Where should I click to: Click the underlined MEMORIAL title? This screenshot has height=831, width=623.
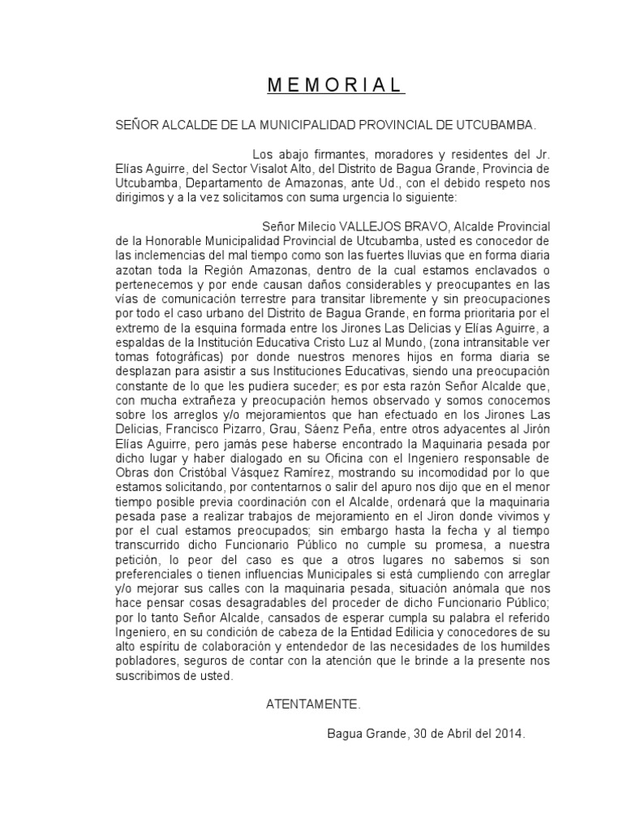[x=335, y=85]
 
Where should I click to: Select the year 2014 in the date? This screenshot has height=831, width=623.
[x=509, y=733]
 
